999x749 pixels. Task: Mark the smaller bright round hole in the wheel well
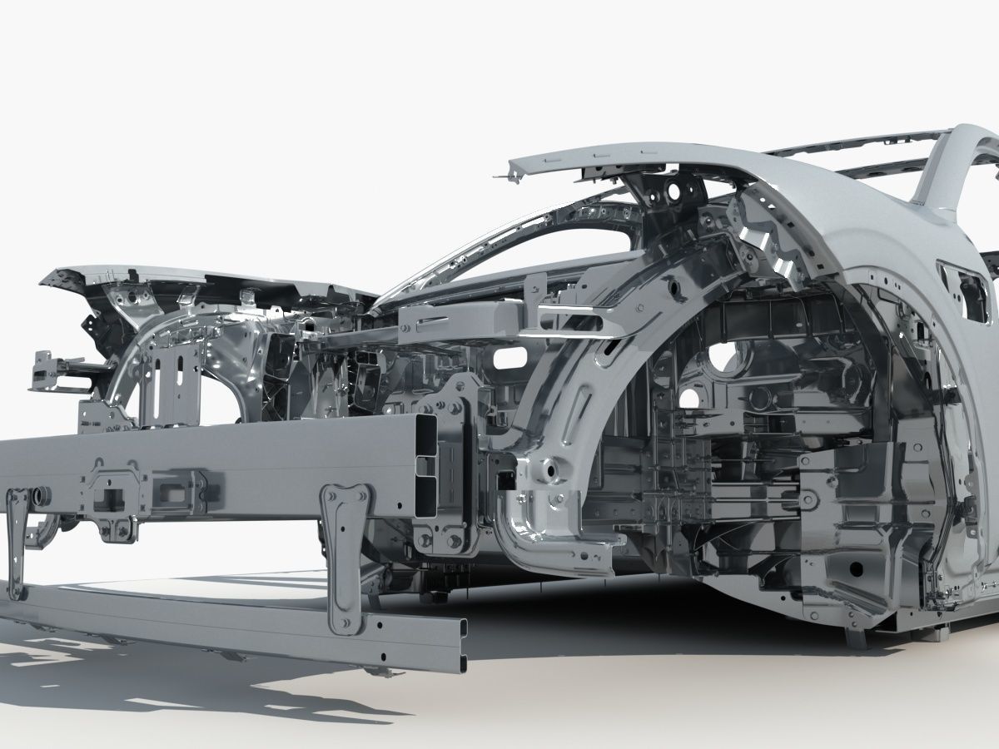pos(688,399)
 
